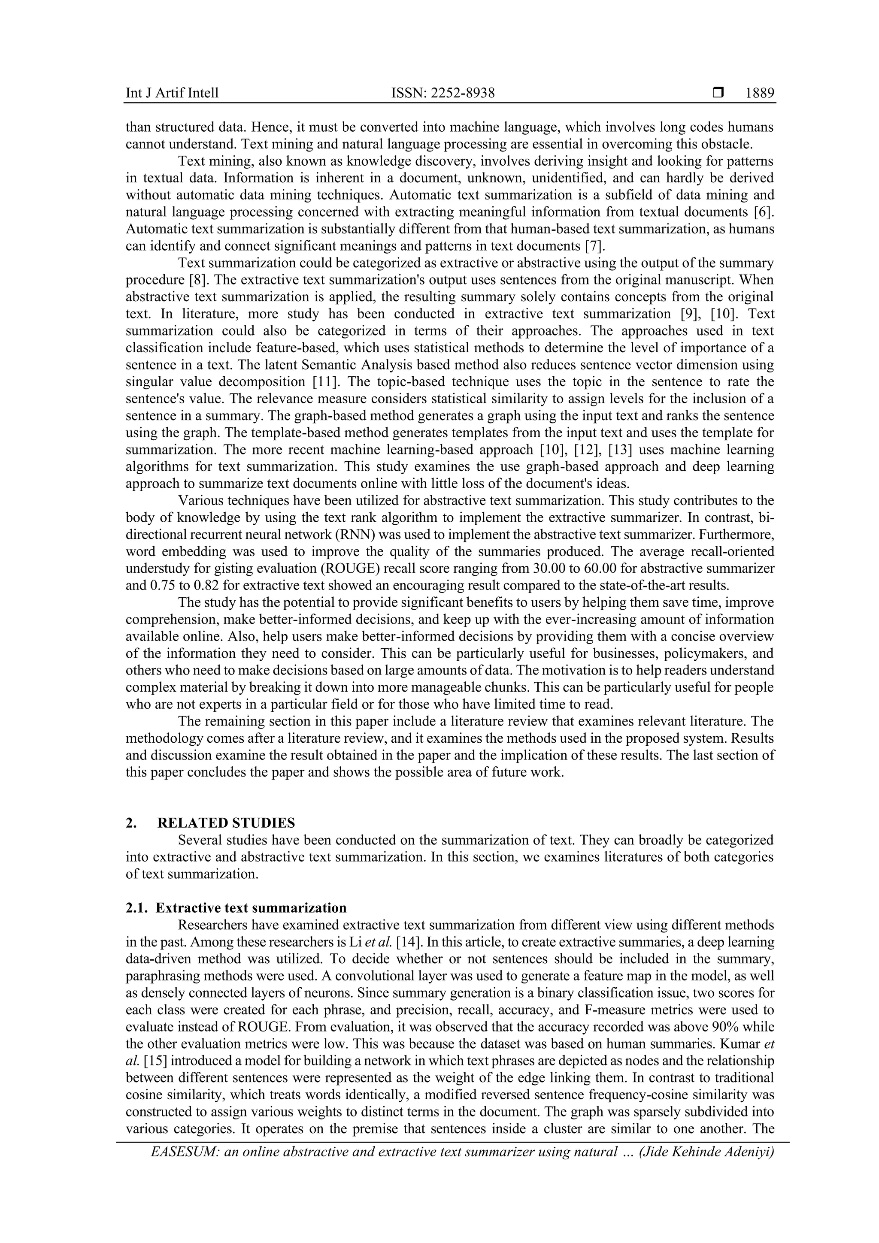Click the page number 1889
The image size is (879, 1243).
click(760, 93)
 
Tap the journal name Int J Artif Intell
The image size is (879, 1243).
click(172, 93)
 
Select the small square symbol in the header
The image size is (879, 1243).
click(718, 93)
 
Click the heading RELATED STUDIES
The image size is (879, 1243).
click(226, 823)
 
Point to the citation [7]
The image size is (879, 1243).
click(595, 246)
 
